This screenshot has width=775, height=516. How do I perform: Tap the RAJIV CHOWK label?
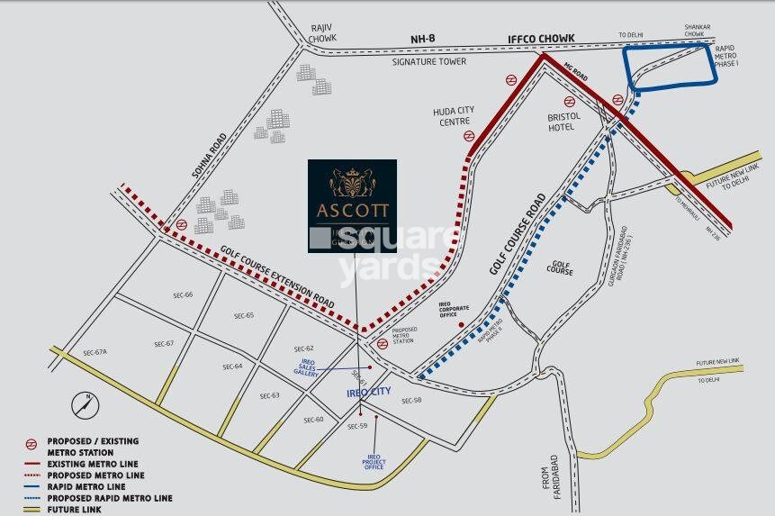321,32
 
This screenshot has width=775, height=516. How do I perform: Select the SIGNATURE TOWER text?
428,61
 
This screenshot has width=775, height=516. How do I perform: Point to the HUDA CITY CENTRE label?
454,116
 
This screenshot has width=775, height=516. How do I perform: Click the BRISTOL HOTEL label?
564,122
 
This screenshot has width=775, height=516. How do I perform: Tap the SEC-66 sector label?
183,295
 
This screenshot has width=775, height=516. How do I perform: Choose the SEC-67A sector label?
95,352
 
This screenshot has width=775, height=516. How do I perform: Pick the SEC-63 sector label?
270,396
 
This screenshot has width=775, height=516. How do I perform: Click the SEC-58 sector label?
411,401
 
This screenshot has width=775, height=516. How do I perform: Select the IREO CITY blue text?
369,393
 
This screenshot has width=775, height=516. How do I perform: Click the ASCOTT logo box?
352,206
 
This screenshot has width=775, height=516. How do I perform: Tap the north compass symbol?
86,402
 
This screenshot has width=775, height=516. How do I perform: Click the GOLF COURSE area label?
559,267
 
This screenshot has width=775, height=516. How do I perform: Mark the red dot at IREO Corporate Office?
462,324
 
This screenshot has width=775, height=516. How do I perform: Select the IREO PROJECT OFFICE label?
374,461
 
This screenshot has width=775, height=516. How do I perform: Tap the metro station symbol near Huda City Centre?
469,136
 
